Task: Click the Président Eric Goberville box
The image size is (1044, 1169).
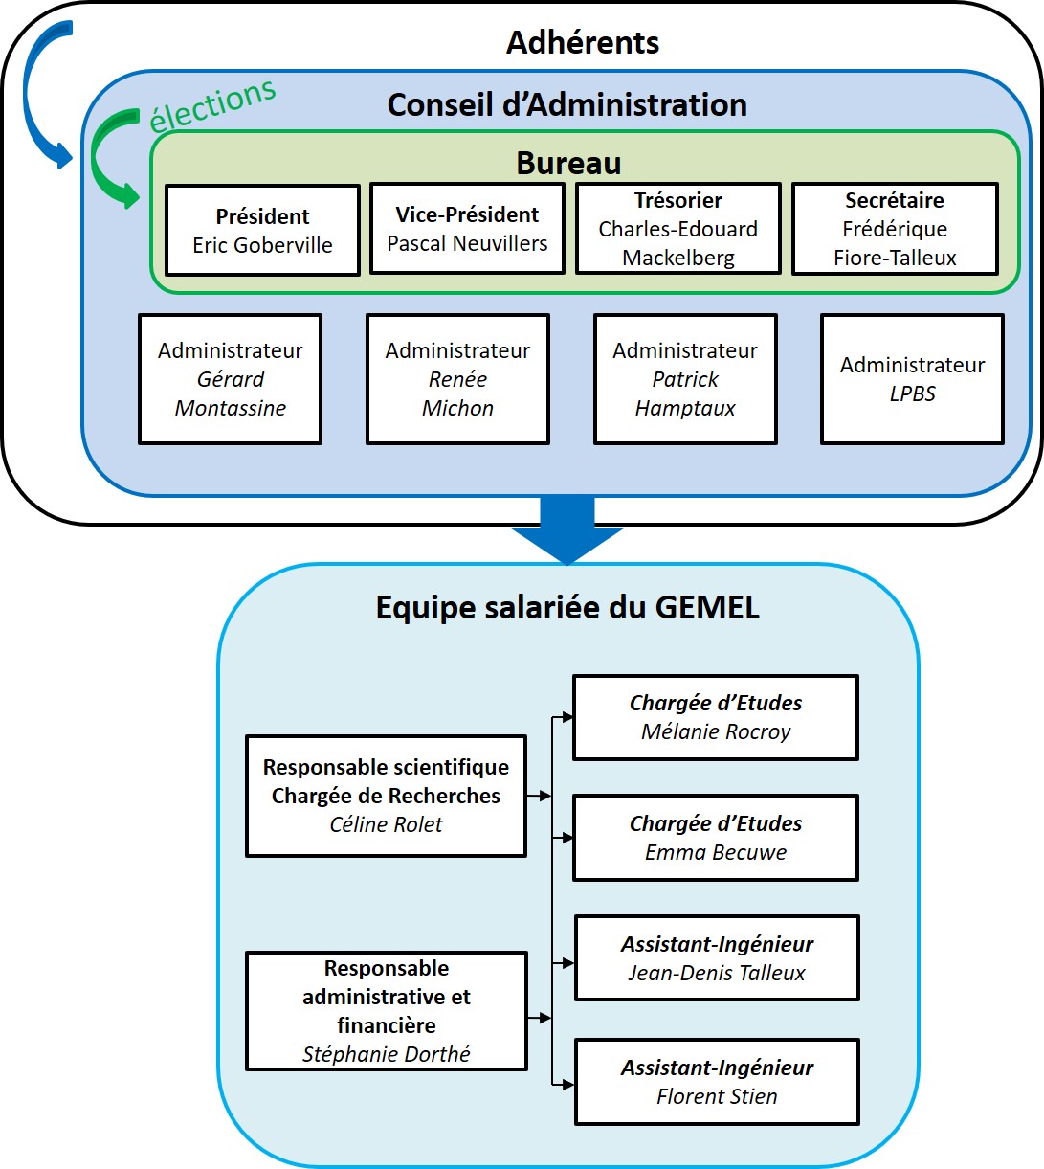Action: pyautogui.click(x=262, y=231)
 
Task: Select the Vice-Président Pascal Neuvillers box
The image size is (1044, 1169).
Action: pyautogui.click(x=467, y=229)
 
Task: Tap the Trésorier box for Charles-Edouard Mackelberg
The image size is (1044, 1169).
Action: pyautogui.click(x=678, y=229)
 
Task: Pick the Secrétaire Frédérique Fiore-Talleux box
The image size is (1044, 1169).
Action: pyautogui.click(x=895, y=229)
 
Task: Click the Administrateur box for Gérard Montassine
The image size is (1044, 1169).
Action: pyautogui.click(x=230, y=379)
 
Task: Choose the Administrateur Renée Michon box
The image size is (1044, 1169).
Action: pyautogui.click(x=457, y=379)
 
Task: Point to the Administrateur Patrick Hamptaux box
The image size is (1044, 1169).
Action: pyautogui.click(x=685, y=379)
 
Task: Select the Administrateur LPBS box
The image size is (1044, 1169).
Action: pyautogui.click(x=912, y=379)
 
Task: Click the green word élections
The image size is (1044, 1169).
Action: pyautogui.click(x=212, y=104)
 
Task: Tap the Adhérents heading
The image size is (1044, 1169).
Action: pyautogui.click(x=583, y=42)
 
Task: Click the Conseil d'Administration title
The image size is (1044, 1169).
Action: pyautogui.click(x=566, y=104)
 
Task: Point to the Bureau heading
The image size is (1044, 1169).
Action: pyautogui.click(x=568, y=163)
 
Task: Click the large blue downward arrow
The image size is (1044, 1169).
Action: pyautogui.click(x=567, y=531)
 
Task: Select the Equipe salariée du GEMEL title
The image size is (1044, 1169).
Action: pyautogui.click(x=567, y=607)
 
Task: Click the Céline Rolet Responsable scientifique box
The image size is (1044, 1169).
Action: pyautogui.click(x=386, y=796)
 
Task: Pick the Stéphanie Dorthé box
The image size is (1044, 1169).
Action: pyautogui.click(x=386, y=1011)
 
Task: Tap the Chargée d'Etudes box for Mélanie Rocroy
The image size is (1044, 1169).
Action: pyautogui.click(x=716, y=717)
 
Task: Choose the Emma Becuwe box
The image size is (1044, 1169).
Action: pyautogui.click(x=716, y=838)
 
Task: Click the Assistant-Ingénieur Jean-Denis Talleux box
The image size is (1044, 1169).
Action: pyautogui.click(x=717, y=958)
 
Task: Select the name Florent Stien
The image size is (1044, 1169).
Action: pyautogui.click(x=717, y=1097)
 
